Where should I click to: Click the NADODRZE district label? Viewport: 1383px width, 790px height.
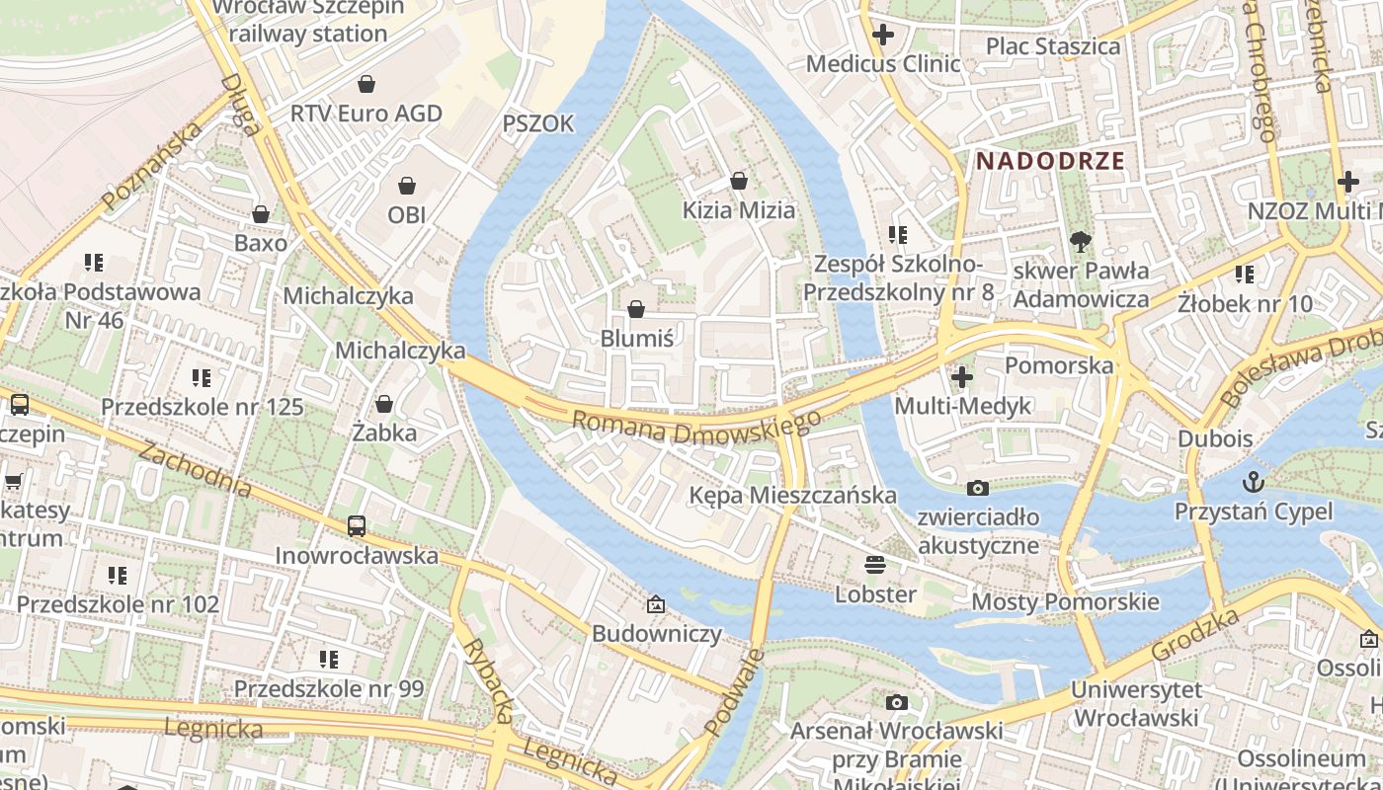coord(1051,161)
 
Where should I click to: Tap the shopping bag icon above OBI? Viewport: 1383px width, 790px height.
coord(407,186)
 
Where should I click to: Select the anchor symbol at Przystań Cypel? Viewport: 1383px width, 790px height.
coord(1253,482)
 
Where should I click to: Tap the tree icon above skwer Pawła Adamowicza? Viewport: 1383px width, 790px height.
coord(1081,242)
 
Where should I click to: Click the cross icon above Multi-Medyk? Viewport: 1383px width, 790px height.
coord(961,377)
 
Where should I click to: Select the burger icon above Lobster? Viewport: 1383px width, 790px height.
coord(874,565)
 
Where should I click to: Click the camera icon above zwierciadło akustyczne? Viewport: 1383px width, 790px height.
coord(977,488)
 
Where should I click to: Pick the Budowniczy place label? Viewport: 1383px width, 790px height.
coord(657,634)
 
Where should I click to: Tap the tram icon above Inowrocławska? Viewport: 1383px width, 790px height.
coord(357,526)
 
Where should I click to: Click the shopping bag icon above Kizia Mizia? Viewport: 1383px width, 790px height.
coord(738,181)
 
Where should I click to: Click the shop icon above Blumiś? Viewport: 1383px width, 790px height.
coord(636,309)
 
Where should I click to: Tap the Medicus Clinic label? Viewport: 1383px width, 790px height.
coord(883,64)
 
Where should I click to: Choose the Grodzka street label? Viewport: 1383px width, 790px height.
coord(1196,636)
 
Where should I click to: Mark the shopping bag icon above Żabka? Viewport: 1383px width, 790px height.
coord(384,404)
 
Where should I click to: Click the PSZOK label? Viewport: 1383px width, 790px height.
coord(538,123)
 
